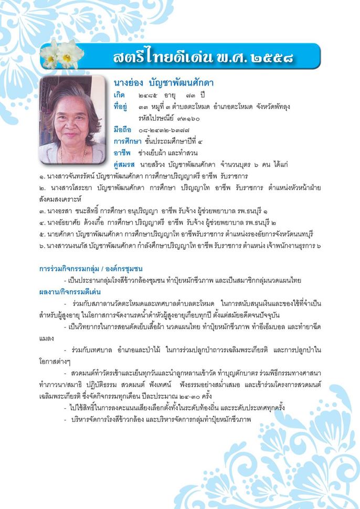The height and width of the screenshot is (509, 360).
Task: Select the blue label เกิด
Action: (120, 96)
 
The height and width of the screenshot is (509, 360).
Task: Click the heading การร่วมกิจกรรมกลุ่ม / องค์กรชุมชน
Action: (91, 269)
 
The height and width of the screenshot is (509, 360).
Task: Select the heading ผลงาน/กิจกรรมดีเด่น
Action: (70, 292)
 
